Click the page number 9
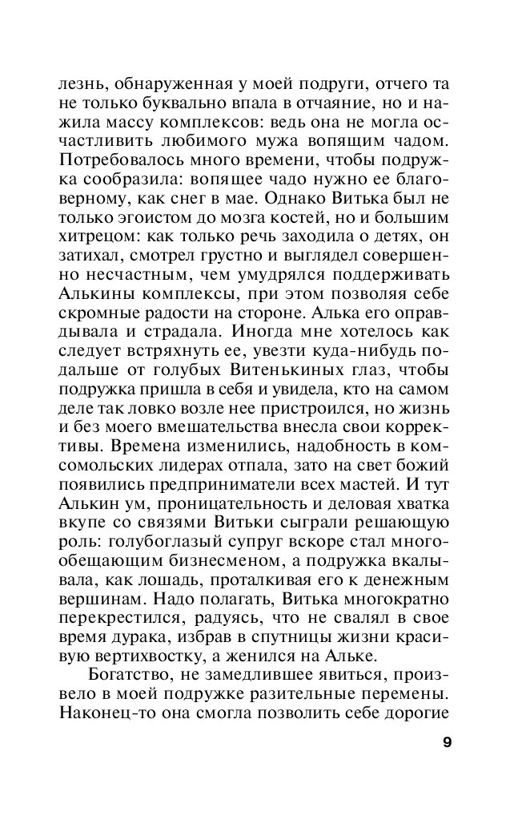[x=446, y=741]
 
